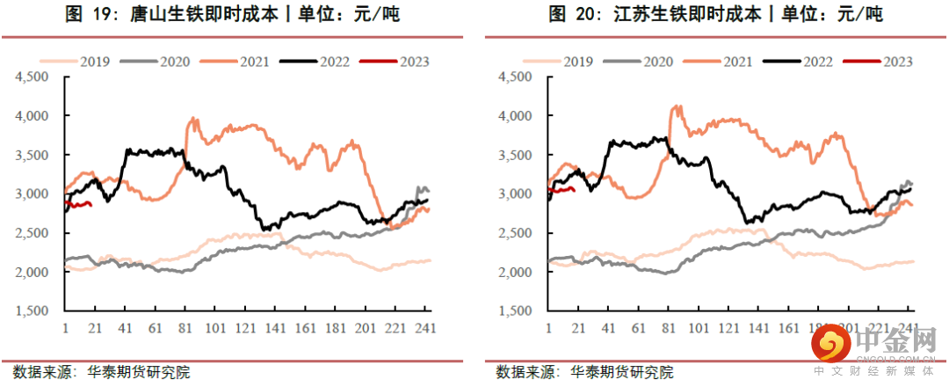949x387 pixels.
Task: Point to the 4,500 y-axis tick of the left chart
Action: pyautogui.click(x=33, y=77)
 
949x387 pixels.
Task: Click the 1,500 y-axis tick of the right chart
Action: pyautogui.click(x=516, y=311)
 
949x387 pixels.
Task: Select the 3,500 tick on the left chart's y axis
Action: pyautogui.click(x=33, y=155)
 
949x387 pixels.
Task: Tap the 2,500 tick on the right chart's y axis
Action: pyautogui.click(x=516, y=233)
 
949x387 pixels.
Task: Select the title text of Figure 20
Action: pyautogui.click(x=715, y=15)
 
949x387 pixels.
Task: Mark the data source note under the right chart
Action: pyautogui.click(x=584, y=372)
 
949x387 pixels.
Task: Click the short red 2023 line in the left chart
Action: pyautogui.click(x=79, y=205)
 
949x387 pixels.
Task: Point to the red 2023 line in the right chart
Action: pyautogui.click(x=561, y=187)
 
